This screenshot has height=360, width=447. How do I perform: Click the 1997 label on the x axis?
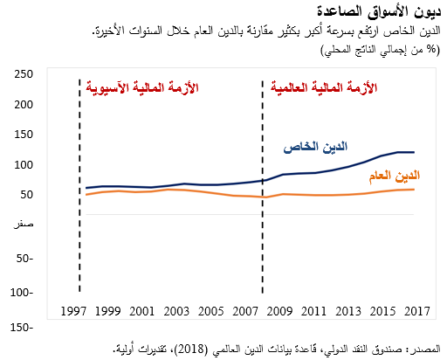coord(75,312)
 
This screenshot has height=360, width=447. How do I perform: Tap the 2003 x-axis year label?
coord(177,312)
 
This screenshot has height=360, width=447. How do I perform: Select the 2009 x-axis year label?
coord(279,312)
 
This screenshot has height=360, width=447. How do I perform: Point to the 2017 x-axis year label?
coord(416,312)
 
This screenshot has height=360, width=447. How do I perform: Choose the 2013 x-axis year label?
coord(347,312)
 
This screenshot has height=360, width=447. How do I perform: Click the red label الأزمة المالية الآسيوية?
coord(142,87)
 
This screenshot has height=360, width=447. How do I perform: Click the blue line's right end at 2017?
coord(414,152)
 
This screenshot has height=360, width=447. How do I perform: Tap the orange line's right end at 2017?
coord(414,190)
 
